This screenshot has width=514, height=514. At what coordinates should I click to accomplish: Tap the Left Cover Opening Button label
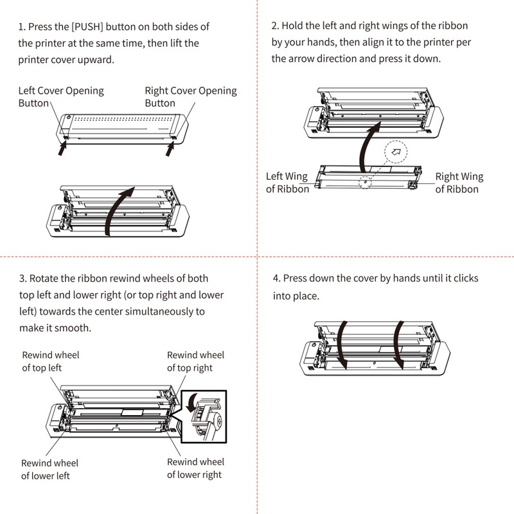(61, 96)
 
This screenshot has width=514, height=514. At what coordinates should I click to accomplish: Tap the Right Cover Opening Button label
(190, 96)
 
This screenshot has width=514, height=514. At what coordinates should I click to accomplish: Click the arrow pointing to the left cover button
(63, 149)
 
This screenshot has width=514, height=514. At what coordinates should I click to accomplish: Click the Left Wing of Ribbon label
(287, 182)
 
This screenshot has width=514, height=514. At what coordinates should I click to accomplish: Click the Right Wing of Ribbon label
(459, 182)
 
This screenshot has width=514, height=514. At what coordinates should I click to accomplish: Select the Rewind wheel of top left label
(51, 361)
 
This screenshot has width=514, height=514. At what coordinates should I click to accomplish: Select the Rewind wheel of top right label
(195, 361)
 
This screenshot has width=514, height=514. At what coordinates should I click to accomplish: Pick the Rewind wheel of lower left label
(49, 469)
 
